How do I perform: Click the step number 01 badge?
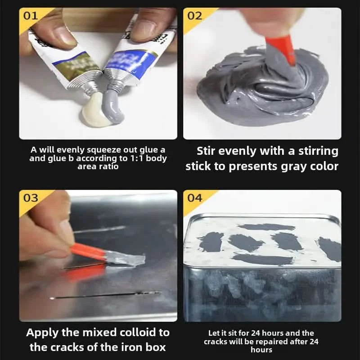[x=30, y=16]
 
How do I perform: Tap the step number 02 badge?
[x=194, y=16]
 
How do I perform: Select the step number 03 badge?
[x=31, y=198]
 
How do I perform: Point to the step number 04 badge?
[x=194, y=198]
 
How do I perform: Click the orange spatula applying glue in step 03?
[x=88, y=252]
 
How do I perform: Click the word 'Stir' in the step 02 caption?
[x=210, y=151]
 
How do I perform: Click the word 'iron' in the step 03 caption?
[x=121, y=347]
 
